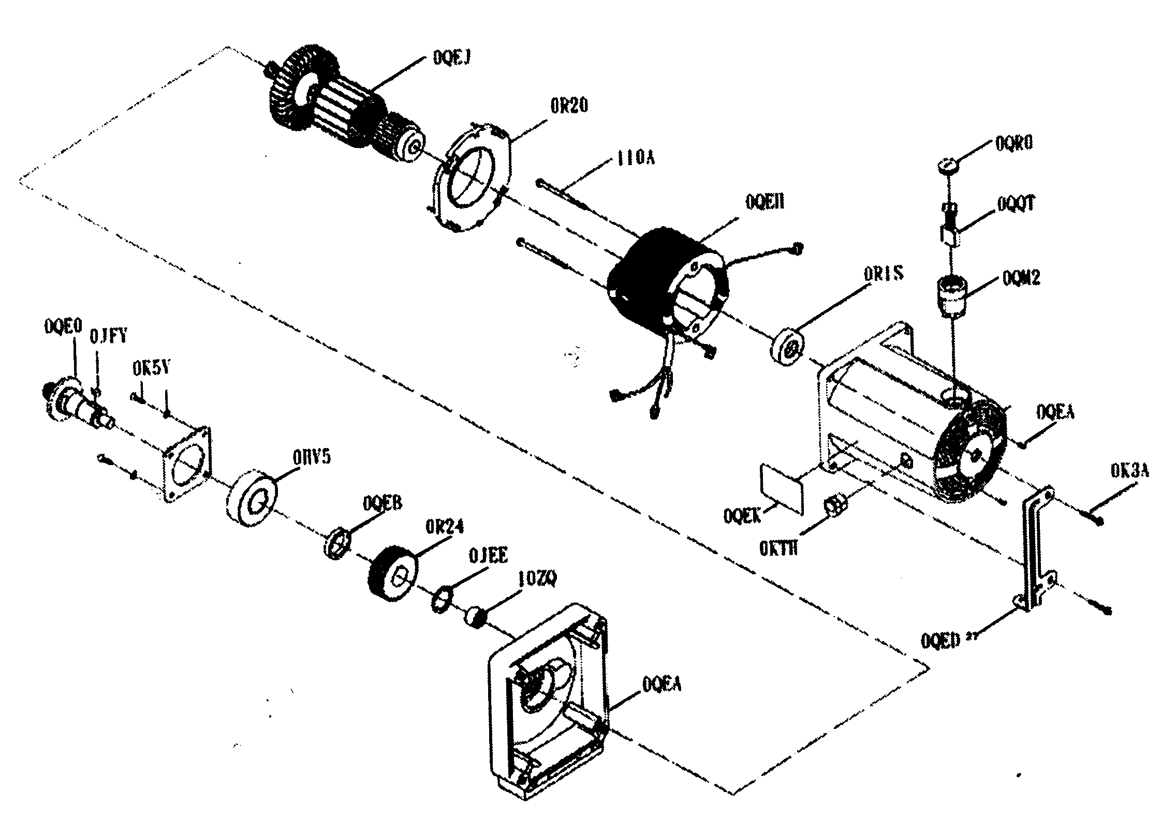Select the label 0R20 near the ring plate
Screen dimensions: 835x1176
568,106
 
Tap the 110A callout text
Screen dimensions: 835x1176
635,157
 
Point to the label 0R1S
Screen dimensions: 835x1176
884,273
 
